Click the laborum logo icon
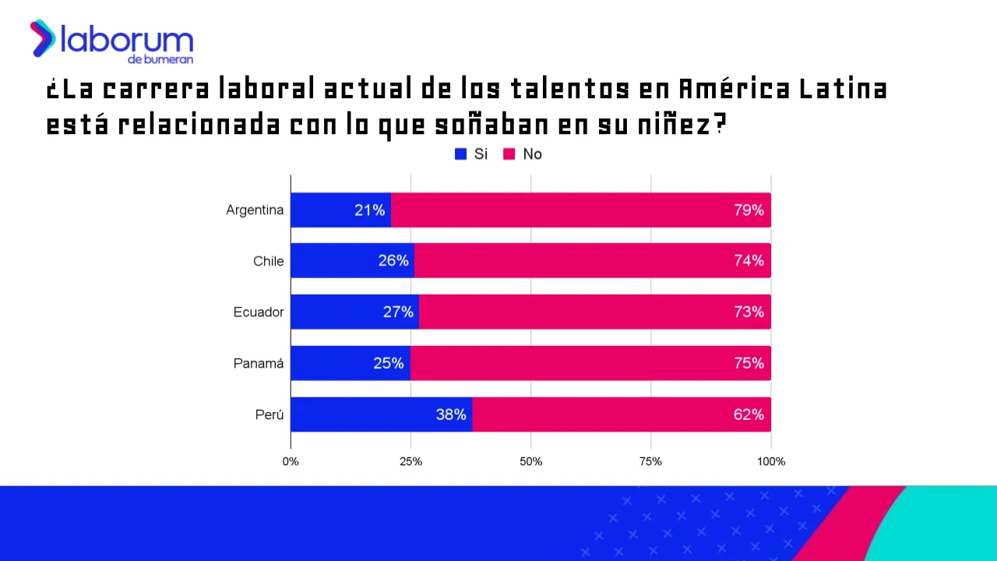pos(43,39)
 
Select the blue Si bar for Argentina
pos(327,210)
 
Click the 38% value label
pos(451,415)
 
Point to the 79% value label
pos(749,210)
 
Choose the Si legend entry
pos(471,154)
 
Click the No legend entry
pos(523,154)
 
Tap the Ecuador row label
pos(259,312)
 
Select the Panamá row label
pos(259,363)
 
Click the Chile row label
pos(268,261)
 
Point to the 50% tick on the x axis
pos(530,461)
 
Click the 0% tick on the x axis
pos(291,461)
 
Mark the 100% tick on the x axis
pos(771,461)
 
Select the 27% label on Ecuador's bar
pos(398,312)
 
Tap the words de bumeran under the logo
pos(160,59)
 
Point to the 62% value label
pos(749,415)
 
